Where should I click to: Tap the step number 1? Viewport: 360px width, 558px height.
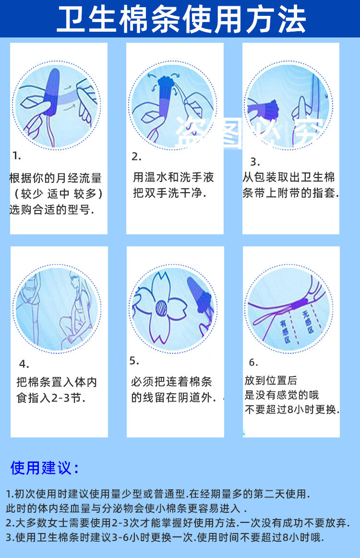pyautogui.click(x=17, y=156)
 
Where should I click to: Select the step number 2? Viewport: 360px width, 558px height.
pyautogui.click(x=136, y=156)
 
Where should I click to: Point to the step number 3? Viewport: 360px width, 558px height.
pyautogui.click(x=255, y=162)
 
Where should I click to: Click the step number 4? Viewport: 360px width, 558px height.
pyautogui.click(x=24, y=364)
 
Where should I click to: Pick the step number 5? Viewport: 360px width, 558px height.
pyautogui.click(x=134, y=361)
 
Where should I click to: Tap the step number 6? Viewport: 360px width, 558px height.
pyautogui.click(x=253, y=362)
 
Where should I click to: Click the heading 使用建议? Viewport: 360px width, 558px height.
pyautogui.click(x=44, y=468)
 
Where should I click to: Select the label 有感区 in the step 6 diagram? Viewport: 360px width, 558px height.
pyautogui.click(x=285, y=331)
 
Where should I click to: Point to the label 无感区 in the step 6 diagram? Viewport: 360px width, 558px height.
pyautogui.click(x=308, y=322)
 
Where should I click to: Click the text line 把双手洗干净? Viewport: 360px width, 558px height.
pyautogui.click(x=170, y=193)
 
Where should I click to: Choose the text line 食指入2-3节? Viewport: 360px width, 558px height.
pyautogui.click(x=51, y=398)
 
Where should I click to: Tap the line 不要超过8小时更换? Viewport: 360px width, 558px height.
pyautogui.click(x=292, y=410)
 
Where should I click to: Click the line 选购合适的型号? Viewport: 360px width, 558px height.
pyautogui.click(x=51, y=209)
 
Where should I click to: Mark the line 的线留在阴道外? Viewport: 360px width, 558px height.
pyautogui.click(x=174, y=398)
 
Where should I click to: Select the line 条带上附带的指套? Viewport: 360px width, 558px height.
pyautogui.click(x=290, y=193)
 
